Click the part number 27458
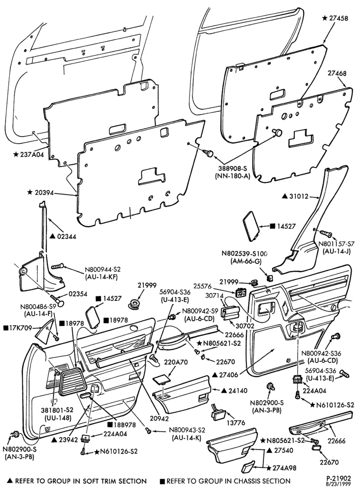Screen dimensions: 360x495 point(339,18)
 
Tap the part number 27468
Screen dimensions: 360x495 point(337,73)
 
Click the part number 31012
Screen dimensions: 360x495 point(299,197)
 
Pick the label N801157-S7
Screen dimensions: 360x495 point(336,244)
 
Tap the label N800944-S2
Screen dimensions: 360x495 point(103,270)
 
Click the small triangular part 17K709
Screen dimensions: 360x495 point(45,332)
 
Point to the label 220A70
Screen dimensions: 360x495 point(176,362)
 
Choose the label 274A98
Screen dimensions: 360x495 point(285,468)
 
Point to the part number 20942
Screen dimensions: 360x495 point(159,419)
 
